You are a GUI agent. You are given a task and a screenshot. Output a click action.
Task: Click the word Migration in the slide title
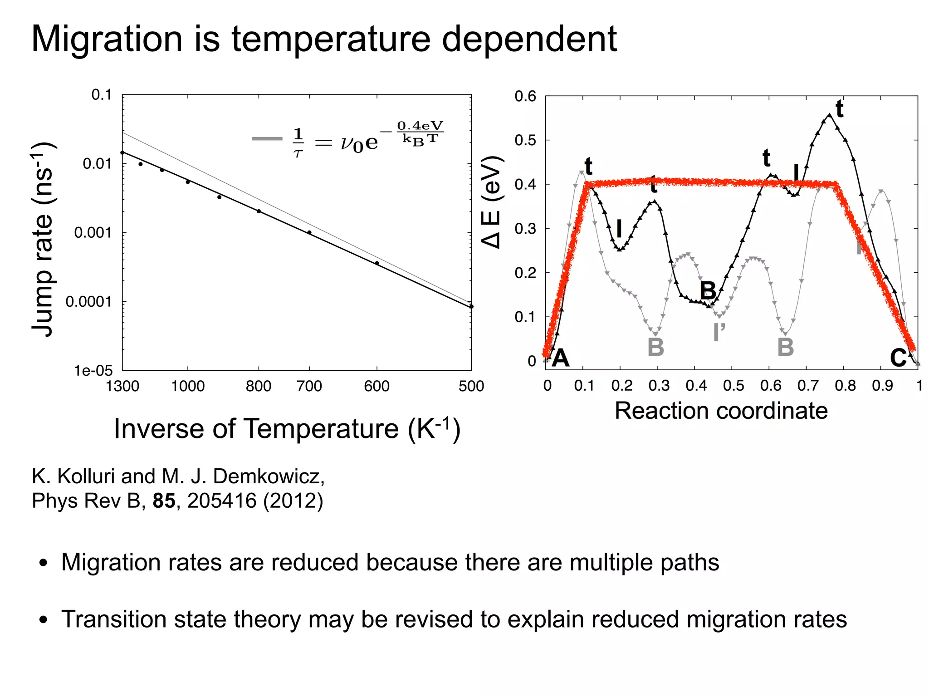pyautogui.click(x=107, y=39)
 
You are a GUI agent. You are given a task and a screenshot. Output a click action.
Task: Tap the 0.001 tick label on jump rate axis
pyautogui.click(x=93, y=233)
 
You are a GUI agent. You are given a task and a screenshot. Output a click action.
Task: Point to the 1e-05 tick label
pyautogui.click(x=93, y=371)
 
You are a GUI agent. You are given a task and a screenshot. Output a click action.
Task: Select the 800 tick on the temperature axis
pyautogui.click(x=259, y=386)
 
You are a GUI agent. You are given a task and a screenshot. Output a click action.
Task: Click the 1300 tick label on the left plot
pyautogui.click(x=122, y=386)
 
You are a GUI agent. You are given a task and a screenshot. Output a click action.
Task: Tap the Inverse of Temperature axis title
pyautogui.click(x=287, y=428)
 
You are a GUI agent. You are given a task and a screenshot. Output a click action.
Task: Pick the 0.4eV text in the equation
pyautogui.click(x=420, y=126)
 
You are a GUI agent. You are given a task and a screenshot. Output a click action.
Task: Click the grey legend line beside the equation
pyautogui.click(x=267, y=139)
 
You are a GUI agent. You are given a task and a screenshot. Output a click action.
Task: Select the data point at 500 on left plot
pyautogui.click(x=471, y=307)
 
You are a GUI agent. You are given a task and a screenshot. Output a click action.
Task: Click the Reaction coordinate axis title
pyautogui.click(x=721, y=411)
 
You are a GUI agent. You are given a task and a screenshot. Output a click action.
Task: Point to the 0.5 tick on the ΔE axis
pyautogui.click(x=525, y=140)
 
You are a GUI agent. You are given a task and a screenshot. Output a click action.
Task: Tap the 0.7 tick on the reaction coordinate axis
pyautogui.click(x=808, y=386)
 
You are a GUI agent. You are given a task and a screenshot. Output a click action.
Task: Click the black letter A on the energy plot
pyautogui.click(x=561, y=358)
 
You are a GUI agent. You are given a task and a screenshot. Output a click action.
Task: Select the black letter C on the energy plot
pyautogui.click(x=898, y=358)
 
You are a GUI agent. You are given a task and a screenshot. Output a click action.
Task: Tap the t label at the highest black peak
pyautogui.click(x=839, y=109)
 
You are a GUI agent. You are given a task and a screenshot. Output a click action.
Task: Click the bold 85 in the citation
pyautogui.click(x=164, y=501)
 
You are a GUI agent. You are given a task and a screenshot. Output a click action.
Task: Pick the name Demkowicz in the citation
pyautogui.click(x=269, y=476)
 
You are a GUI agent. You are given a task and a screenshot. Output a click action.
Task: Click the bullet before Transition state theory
pyautogui.click(x=44, y=620)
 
